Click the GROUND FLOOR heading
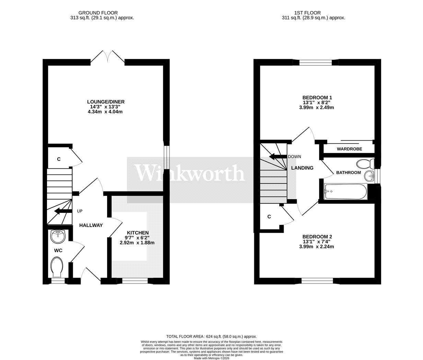pyautogui.click(x=98, y=13)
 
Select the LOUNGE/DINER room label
pyautogui.click(x=106, y=102)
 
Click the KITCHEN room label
pyautogui.click(x=138, y=233)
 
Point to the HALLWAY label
pyautogui.click(x=91, y=225)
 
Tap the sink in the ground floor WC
pyautogui.click(x=58, y=237)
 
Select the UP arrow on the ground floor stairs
pyautogui.click(x=63, y=211)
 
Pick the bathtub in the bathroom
pyautogui.click(x=346, y=191)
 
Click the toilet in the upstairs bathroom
pyautogui.click(x=365, y=164)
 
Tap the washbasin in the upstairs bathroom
pyautogui.click(x=369, y=176)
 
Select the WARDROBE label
pyautogui.click(x=350, y=149)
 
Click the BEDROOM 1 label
pyautogui.click(x=316, y=97)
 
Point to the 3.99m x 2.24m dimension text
pyautogui.click(x=316, y=247)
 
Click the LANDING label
pyautogui.click(x=302, y=168)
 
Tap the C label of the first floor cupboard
pyautogui.click(x=269, y=217)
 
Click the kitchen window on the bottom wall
pyautogui.click(x=135, y=281)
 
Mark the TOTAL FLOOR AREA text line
pyautogui.click(x=211, y=336)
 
